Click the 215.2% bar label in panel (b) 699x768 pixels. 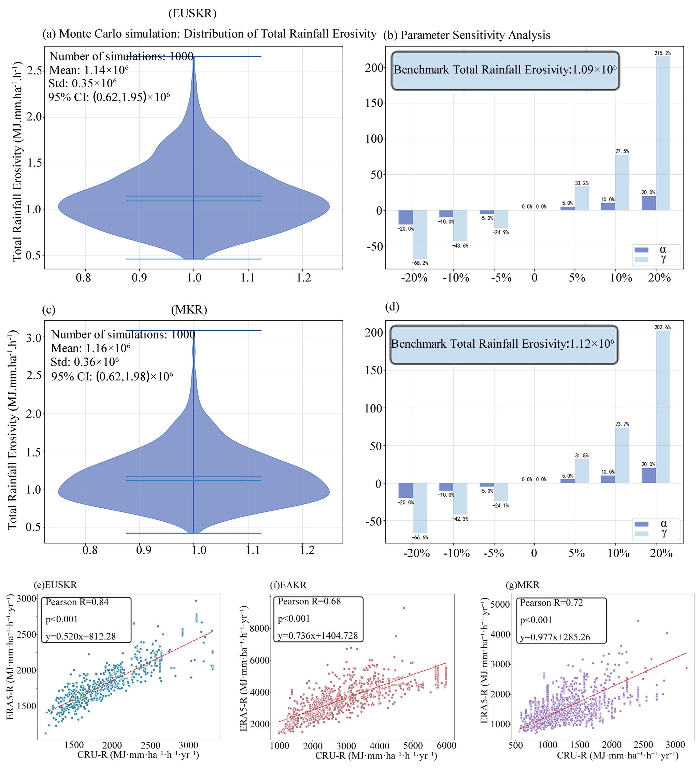(x=662, y=53)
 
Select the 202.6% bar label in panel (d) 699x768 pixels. (x=662, y=327)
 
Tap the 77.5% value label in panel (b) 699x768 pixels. (x=622, y=151)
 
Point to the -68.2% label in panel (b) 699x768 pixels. (x=419, y=263)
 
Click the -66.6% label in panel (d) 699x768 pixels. (x=419, y=537)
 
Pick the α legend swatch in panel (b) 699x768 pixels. (x=641, y=250)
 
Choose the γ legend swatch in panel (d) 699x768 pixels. (x=641, y=534)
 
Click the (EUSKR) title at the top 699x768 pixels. (x=192, y=14)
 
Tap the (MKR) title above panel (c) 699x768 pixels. (x=189, y=310)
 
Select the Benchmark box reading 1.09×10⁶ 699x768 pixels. (x=505, y=71)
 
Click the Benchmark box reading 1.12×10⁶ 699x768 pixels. (x=503, y=344)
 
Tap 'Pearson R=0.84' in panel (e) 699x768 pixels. (x=77, y=602)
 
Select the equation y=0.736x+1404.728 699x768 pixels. (x=318, y=635)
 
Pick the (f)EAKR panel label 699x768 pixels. (x=288, y=585)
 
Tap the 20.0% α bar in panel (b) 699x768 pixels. (x=648, y=203)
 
